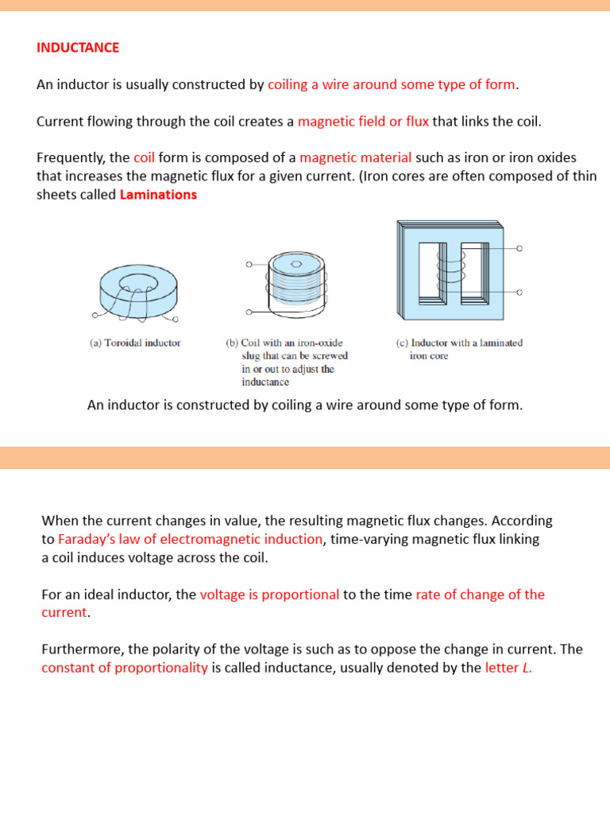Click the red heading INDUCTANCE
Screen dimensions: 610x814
78,48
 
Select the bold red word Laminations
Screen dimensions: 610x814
158,195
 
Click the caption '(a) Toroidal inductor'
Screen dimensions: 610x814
134,343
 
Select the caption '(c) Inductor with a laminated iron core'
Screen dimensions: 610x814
459,350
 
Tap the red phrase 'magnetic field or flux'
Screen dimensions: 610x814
363,122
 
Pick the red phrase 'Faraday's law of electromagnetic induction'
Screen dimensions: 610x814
191,540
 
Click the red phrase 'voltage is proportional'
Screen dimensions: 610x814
269,595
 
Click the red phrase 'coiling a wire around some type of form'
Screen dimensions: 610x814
392,85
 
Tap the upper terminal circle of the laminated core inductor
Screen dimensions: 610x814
520,249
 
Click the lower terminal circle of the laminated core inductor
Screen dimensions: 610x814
520,293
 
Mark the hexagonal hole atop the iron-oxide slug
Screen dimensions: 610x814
296,264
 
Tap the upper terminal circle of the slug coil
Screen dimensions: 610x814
249,264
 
